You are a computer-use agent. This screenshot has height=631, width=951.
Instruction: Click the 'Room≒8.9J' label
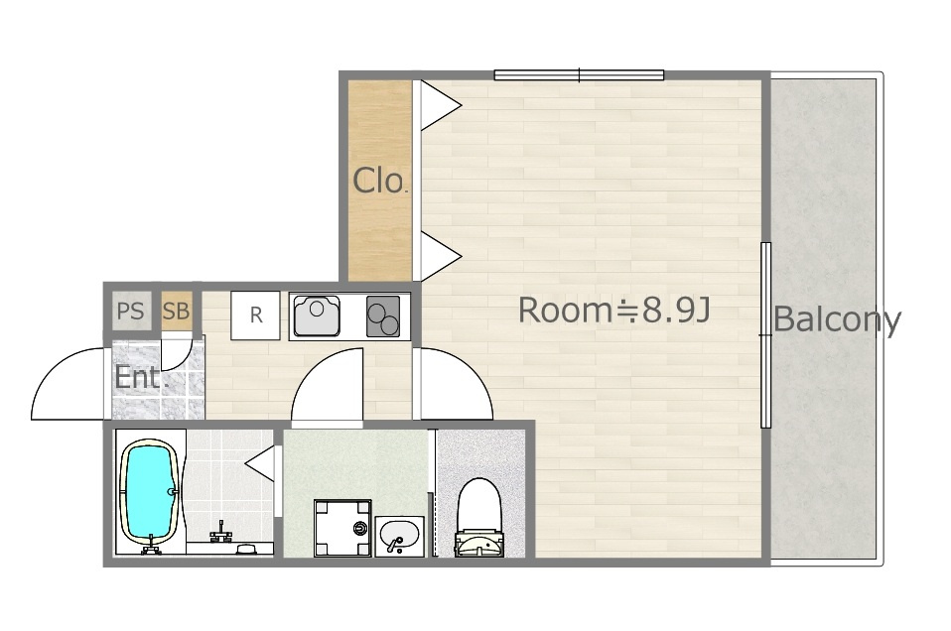tap(613, 310)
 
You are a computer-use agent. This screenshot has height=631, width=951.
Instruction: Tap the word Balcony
tap(838, 319)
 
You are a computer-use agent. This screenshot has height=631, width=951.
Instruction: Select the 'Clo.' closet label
tap(379, 180)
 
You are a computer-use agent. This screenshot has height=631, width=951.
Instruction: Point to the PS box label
tap(130, 311)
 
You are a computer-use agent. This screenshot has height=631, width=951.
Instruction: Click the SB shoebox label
tap(176, 311)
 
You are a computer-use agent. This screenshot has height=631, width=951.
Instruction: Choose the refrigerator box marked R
tap(255, 315)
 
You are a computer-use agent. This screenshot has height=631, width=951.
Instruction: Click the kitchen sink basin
tap(317, 315)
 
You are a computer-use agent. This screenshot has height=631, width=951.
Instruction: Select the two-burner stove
tap(383, 315)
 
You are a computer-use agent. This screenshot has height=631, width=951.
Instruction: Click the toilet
tap(479, 517)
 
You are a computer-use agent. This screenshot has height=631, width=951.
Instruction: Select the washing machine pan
tap(342, 528)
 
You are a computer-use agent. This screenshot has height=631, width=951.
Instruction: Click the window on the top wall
tap(579, 75)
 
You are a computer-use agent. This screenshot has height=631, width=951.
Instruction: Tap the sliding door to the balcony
tap(766, 335)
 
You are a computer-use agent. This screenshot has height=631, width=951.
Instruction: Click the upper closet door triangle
tap(441, 105)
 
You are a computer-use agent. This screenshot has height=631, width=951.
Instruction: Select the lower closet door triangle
tap(441, 256)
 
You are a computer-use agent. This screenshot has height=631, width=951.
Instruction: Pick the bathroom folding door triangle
tap(260, 463)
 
